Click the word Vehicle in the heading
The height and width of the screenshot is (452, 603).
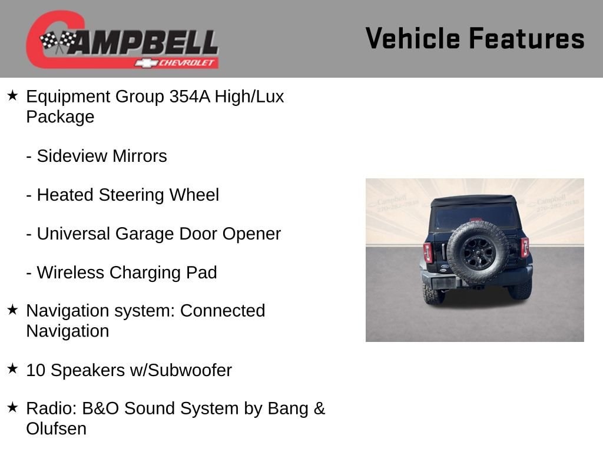(413, 38)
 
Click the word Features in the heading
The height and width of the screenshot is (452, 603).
(527, 38)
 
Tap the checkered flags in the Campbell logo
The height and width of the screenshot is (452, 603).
(58, 41)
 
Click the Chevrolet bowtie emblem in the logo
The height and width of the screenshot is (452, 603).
(146, 63)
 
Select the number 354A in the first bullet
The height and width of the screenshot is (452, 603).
(190, 97)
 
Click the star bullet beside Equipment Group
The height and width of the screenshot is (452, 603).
(13, 95)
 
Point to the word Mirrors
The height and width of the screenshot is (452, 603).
(140, 156)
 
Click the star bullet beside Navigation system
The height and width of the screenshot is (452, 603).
(13, 310)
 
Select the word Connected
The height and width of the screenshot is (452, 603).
(223, 311)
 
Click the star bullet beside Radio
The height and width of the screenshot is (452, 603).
(13, 407)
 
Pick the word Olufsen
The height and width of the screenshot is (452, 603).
(56, 429)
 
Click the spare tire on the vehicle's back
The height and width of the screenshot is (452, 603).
(478, 252)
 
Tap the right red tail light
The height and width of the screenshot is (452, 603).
(525, 247)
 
